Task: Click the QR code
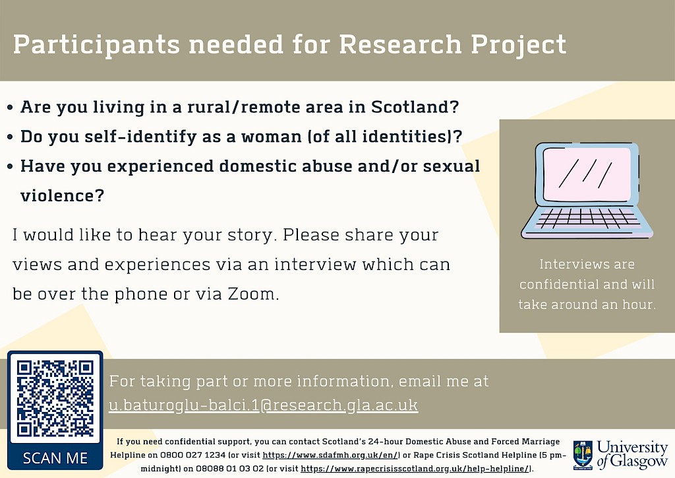click(x=55, y=399)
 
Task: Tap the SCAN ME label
click(x=55, y=458)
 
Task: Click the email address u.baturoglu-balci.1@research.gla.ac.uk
click(x=263, y=405)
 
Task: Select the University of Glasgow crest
click(x=583, y=455)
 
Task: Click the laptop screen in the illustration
click(x=587, y=174)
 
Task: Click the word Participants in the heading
click(x=96, y=45)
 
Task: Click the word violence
click(x=63, y=195)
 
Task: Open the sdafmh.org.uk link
click(x=332, y=455)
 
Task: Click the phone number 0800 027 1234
click(x=193, y=455)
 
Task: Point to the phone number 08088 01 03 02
click(x=229, y=469)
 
